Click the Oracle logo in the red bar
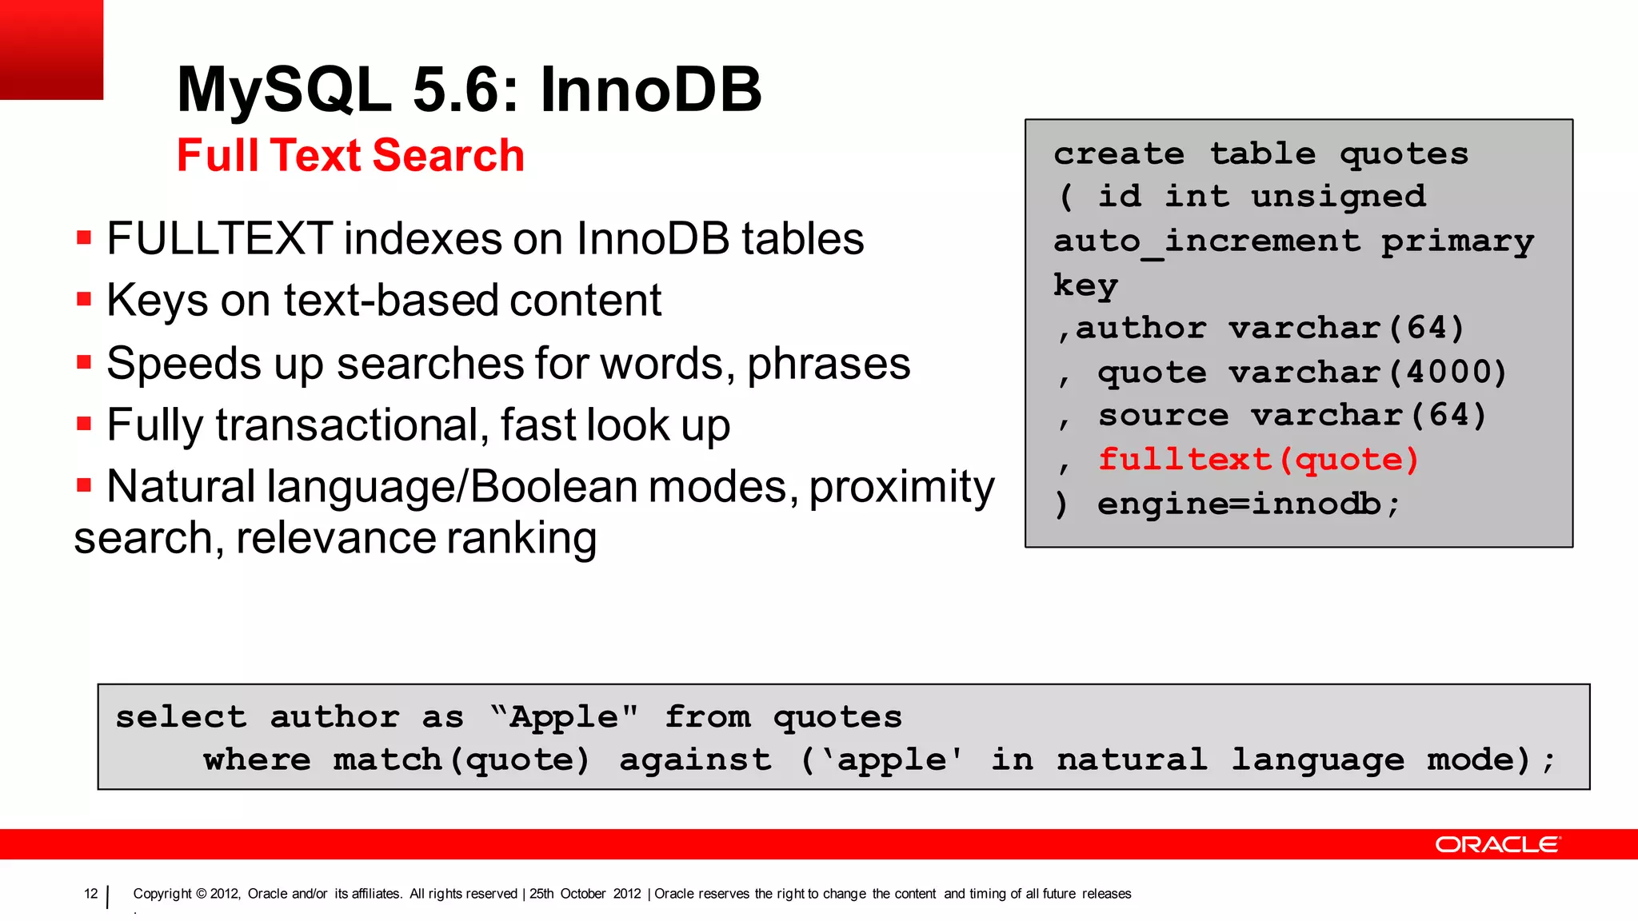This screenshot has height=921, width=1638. (1497, 844)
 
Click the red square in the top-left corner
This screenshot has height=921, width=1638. (51, 50)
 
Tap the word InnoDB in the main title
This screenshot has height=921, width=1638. (651, 90)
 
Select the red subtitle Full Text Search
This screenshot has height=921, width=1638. (350, 155)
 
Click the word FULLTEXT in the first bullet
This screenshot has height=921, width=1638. (219, 239)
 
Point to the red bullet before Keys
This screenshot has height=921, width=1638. (84, 300)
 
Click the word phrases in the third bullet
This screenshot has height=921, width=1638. (829, 365)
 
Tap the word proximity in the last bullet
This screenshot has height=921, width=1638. (901, 487)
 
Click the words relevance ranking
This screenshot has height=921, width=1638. (416, 538)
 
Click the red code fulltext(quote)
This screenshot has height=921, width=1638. (1258, 460)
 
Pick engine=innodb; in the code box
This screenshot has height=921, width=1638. (1248, 504)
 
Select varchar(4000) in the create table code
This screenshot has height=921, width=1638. (1367, 372)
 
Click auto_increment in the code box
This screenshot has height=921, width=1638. (1206, 241)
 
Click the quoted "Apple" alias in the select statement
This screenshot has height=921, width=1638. (565, 717)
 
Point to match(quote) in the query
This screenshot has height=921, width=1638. (461, 760)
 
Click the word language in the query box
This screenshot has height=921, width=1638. (1317, 760)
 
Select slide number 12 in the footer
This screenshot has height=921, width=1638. (91, 894)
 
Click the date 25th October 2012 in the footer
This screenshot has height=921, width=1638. (585, 894)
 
